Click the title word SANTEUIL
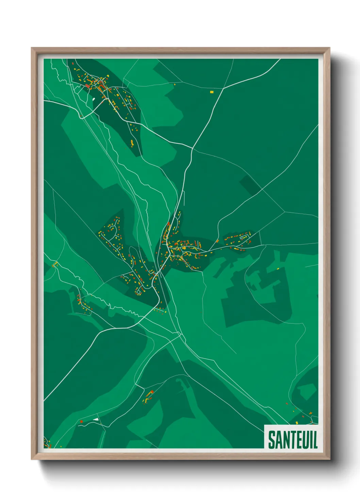[x=293, y=440]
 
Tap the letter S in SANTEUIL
[x=272, y=440]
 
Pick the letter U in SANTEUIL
[x=304, y=440]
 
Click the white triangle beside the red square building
[x=96, y=419]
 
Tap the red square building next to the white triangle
[x=82, y=422]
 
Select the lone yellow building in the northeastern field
[x=212, y=92]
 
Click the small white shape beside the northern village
[x=94, y=99]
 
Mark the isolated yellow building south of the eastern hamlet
[x=278, y=269]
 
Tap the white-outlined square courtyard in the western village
[x=138, y=292]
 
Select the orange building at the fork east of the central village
[x=217, y=241]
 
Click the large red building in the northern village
[x=87, y=86]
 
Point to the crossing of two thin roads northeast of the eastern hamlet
[x=284, y=212]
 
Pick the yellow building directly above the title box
[x=297, y=423]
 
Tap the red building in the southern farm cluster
[x=152, y=392]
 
